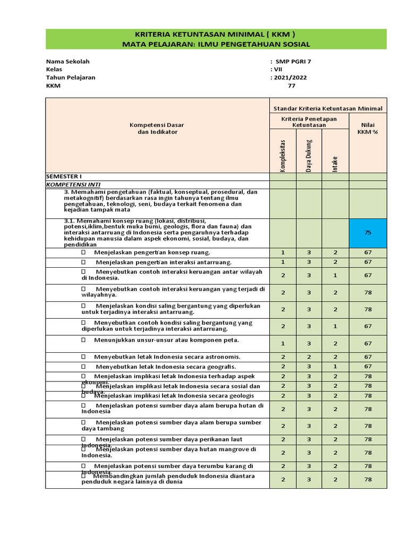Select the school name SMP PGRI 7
[293, 61]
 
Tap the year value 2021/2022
[290, 77]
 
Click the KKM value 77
[291, 86]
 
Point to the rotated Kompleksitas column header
[283, 155]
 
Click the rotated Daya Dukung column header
[309, 155]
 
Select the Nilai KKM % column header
[368, 128]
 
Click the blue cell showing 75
[368, 232]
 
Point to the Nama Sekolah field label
[68, 61]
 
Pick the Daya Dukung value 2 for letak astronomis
[309, 357]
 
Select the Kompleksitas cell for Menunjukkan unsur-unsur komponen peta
[283, 343]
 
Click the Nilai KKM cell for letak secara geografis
[368, 367]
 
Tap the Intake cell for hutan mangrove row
[335, 453]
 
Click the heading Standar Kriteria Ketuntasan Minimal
[328, 108]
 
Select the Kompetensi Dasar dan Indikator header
[157, 128]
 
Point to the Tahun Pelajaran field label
[71, 77]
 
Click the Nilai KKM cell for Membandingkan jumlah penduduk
[368, 479]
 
